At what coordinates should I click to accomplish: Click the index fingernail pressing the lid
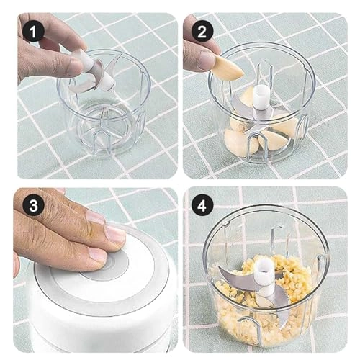pyautogui.click(x=115, y=233)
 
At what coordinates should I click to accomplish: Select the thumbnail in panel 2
pyautogui.click(x=206, y=60)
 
